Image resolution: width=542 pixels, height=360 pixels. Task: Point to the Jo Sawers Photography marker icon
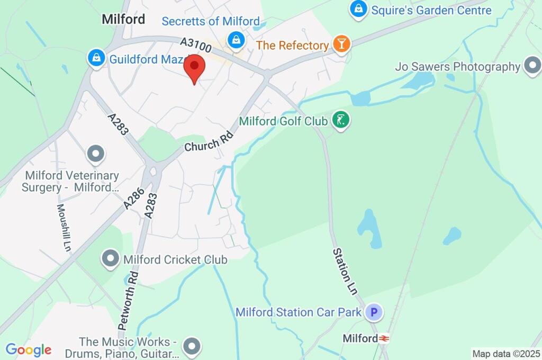click(x=531, y=66)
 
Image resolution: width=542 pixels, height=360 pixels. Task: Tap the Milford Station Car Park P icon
click(x=374, y=312)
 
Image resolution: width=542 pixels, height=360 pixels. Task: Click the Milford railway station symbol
click(x=384, y=338)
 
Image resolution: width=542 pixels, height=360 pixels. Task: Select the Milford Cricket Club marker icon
click(x=111, y=259)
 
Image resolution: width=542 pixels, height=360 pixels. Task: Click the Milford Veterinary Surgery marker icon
click(x=96, y=154)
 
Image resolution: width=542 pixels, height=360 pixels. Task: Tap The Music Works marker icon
click(x=191, y=347)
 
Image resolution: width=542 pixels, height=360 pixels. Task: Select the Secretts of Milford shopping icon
click(x=236, y=39)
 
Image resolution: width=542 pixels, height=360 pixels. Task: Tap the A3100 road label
click(x=196, y=44)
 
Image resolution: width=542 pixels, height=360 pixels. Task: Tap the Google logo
click(x=28, y=350)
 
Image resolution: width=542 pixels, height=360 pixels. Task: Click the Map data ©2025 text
click(x=506, y=354)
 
